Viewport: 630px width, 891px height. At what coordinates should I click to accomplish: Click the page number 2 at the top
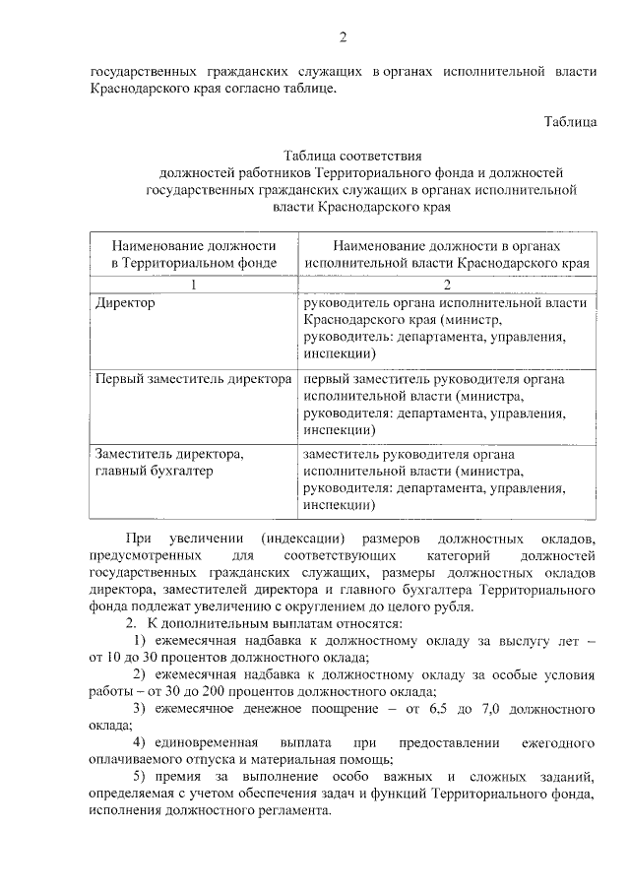coord(344,38)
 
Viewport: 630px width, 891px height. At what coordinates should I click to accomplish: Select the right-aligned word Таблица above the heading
coord(570,122)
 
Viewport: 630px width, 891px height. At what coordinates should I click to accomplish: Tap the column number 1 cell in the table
coord(194,286)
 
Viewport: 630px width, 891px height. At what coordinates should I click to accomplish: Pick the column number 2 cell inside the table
coord(447,286)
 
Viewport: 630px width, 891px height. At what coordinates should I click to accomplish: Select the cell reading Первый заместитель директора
coord(193,378)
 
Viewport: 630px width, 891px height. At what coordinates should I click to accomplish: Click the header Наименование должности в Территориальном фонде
coord(194,253)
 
